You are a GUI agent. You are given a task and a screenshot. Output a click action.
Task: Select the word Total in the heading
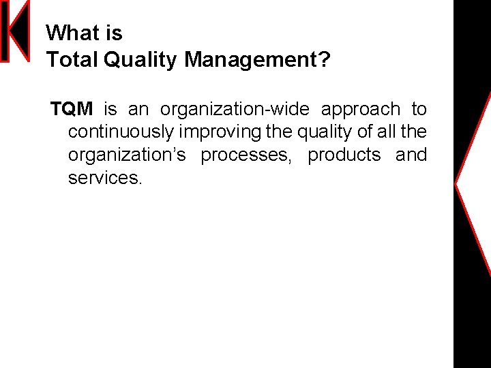click(72, 60)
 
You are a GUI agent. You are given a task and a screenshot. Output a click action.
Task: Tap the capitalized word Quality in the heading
click(140, 60)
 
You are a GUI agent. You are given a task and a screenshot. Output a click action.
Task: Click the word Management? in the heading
click(257, 60)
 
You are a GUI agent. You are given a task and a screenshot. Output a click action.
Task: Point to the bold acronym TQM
click(72, 109)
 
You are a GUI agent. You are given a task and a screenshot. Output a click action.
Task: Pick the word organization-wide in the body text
click(235, 109)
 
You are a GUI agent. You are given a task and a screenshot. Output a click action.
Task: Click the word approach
click(361, 109)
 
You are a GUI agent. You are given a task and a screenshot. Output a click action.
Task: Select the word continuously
click(121, 132)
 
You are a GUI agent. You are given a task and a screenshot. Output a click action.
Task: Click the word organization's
click(127, 155)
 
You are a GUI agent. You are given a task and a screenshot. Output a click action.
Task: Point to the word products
click(344, 155)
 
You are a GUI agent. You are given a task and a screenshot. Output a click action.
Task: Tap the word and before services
click(411, 155)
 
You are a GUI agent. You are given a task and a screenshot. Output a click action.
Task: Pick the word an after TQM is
click(138, 109)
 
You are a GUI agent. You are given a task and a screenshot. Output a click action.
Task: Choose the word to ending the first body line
click(419, 109)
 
